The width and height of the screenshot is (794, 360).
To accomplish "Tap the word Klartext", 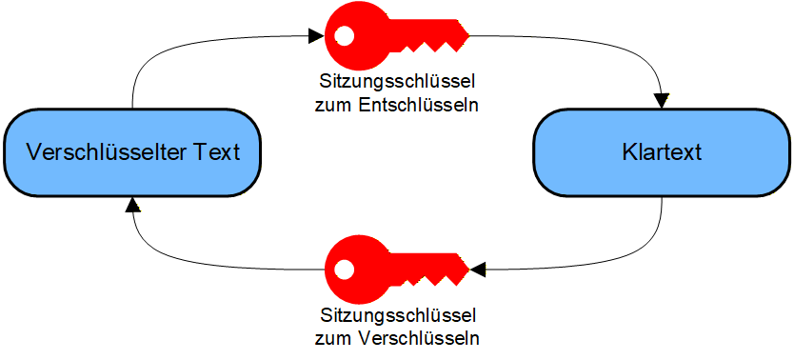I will coord(661,152).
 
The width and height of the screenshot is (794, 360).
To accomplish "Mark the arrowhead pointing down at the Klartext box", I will coord(662,101).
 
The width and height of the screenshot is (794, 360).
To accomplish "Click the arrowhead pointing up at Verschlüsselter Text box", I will coord(132,204).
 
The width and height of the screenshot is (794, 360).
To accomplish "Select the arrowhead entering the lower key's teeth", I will coord(478,270).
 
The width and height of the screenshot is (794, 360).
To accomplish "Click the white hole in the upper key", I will coord(344,36).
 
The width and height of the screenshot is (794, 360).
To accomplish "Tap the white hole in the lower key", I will coord(344,270).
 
